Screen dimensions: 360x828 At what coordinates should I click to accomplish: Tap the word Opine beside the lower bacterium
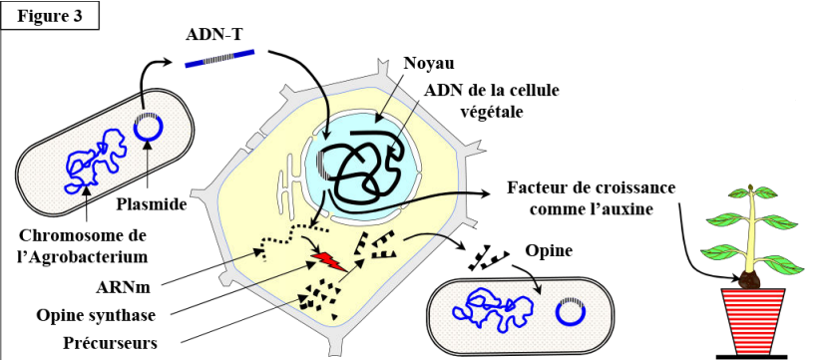pyautogui.click(x=549, y=251)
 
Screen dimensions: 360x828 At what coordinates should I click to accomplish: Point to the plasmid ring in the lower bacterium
pyautogui.click(x=570, y=311)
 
